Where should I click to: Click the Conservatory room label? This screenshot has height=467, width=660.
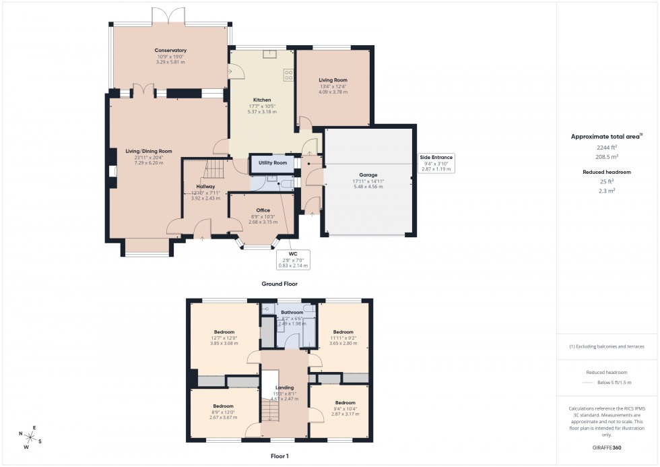[x=170, y=51]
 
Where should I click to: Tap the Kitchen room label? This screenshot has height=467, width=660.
[x=262, y=99]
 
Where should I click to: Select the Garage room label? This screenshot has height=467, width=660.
[x=368, y=175]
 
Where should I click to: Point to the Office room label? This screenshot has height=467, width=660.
[x=262, y=210]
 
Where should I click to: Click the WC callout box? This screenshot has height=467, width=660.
[x=293, y=259]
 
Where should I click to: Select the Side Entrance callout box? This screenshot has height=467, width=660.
[x=436, y=162]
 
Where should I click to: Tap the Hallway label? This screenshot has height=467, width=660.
[x=205, y=187]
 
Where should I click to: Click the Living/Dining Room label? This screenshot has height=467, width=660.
[x=149, y=152]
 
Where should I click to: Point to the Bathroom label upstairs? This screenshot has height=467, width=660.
[x=292, y=313]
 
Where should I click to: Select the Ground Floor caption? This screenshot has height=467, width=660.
[x=279, y=284]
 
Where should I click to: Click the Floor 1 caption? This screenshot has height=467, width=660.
[x=279, y=456]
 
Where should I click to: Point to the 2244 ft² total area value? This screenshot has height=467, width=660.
[x=607, y=147]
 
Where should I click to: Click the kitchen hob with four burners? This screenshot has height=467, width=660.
[x=288, y=75]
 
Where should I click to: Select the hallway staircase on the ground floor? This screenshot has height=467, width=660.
[x=213, y=166]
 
